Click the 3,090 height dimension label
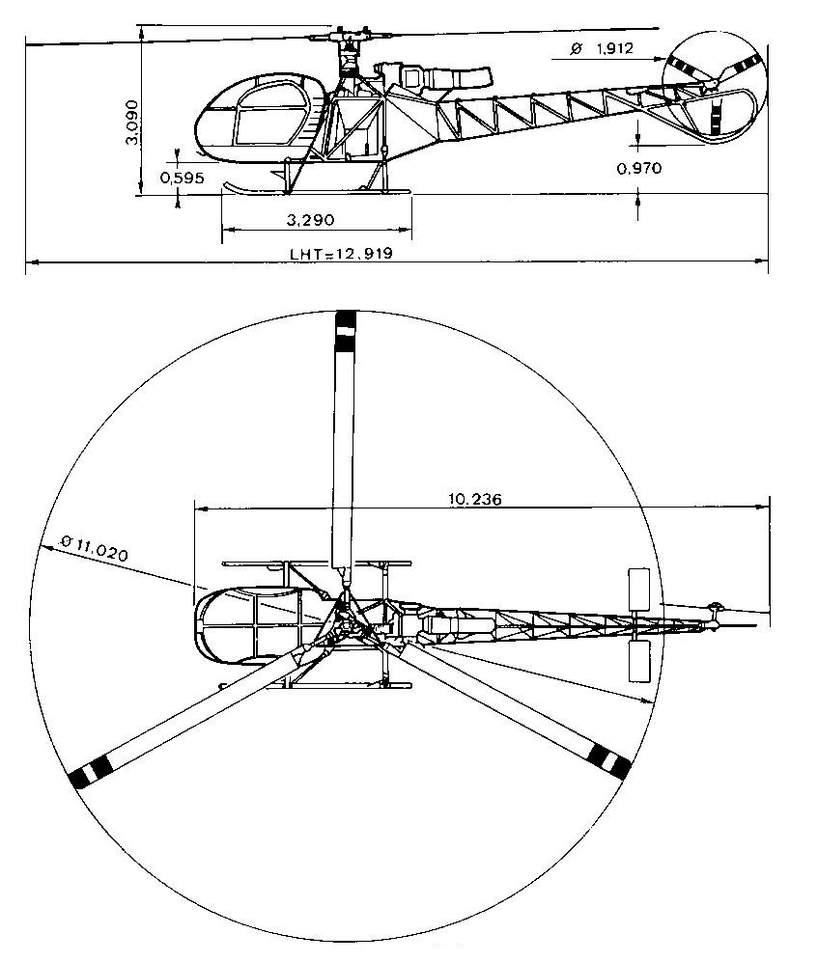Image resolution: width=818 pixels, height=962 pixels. (131, 123)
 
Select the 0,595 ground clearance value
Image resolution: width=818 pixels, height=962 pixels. (182, 178)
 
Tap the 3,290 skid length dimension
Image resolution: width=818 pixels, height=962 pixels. (311, 220)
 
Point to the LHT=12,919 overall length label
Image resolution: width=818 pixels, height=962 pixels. (342, 254)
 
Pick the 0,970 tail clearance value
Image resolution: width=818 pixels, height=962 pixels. (639, 168)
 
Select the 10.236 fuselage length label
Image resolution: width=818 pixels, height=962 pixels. (475, 500)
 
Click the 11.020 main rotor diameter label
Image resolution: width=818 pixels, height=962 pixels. (95, 549)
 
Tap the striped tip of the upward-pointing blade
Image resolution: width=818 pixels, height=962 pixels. (346, 332)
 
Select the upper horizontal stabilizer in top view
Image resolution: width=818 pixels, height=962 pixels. (638, 589)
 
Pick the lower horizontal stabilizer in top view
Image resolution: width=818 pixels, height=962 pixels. (639, 661)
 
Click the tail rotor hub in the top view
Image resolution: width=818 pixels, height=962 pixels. (716, 609)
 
